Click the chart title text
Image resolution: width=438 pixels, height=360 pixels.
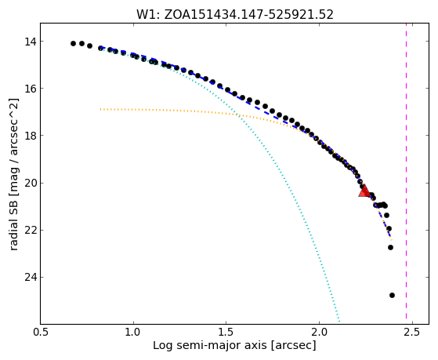(235, 14)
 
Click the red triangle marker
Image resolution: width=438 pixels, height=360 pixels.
(364, 191)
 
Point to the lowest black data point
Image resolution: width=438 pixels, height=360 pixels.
(392, 295)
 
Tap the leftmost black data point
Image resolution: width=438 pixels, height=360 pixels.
(73, 43)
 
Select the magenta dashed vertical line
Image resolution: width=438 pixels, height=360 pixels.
(406, 171)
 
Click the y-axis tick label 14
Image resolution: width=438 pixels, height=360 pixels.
(31, 42)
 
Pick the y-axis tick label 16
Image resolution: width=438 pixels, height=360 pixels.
(31, 89)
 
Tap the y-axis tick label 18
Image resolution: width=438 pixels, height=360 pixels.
(31, 136)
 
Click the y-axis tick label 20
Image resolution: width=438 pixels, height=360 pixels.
(31, 183)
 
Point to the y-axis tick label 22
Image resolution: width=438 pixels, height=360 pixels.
(31, 230)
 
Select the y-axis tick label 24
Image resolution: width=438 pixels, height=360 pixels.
(31, 277)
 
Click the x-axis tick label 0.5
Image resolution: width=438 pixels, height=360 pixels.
(41, 332)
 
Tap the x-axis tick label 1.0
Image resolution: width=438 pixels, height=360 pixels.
(133, 332)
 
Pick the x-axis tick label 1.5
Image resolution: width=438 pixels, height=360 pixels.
(226, 332)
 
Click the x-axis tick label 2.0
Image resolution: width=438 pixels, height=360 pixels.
(319, 332)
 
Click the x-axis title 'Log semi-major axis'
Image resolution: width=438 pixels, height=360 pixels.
(210, 346)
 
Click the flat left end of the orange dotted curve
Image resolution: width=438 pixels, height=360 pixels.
(100, 109)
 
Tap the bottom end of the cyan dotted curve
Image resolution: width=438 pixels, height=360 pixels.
(339, 321)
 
